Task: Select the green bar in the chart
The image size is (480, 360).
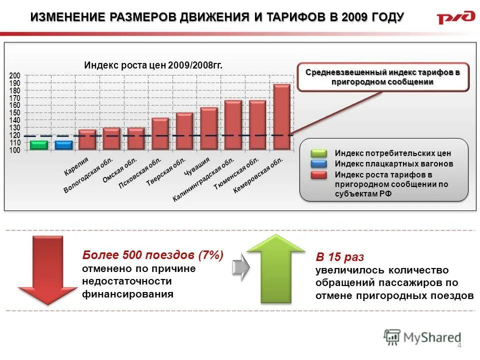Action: click(x=38, y=145)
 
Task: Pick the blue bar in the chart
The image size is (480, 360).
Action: click(x=63, y=145)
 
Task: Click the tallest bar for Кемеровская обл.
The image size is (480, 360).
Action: click(x=282, y=117)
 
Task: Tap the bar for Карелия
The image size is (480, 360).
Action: click(x=87, y=139)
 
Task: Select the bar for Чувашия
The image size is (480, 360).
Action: click(x=209, y=128)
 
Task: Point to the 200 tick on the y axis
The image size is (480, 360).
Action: click(x=15, y=75)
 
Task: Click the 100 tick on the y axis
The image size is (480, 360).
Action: click(x=15, y=150)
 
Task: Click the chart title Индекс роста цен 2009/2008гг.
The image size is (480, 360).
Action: click(x=153, y=65)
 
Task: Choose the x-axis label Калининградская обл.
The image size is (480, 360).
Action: click(x=203, y=180)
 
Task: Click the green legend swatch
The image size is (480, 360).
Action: click(x=318, y=153)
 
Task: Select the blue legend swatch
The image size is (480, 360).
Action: click(x=318, y=163)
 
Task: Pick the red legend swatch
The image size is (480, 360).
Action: click(x=318, y=174)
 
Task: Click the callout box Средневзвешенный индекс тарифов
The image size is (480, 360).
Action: click(x=383, y=77)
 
